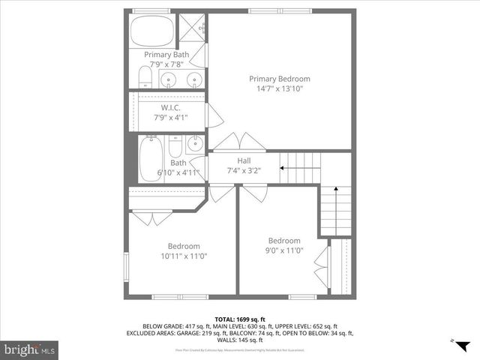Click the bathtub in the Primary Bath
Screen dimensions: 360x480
pos(153,31)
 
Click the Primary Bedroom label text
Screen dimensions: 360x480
pos(279,79)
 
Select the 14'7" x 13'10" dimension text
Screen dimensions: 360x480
pos(279,88)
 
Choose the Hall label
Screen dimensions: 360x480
pos(244,160)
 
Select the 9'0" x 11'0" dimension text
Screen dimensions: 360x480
pos(284,250)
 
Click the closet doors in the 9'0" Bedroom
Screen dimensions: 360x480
pos(321,265)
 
